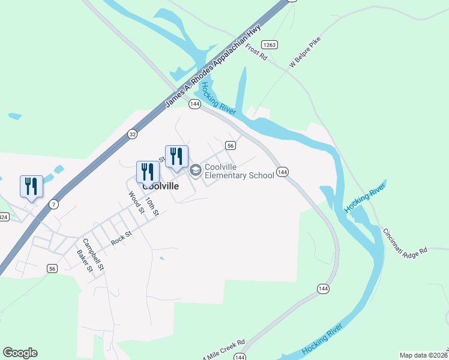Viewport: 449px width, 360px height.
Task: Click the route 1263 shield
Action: pos(270,44)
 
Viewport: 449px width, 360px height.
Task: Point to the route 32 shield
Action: pos(133,134)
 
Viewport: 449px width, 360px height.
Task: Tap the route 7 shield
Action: pos(54,204)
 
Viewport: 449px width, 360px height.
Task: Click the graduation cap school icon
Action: pos(195,171)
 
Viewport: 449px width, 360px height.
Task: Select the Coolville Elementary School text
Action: pos(239,171)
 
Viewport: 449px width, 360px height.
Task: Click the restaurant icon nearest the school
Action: pos(176,156)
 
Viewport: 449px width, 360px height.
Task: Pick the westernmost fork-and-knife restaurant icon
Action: pos(31,185)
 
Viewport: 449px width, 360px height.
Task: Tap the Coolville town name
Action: pos(161,186)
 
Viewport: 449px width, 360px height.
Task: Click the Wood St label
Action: pos(137,202)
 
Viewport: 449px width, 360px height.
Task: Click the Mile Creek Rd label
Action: pos(225,350)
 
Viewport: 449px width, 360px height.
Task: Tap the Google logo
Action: pos(20,353)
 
